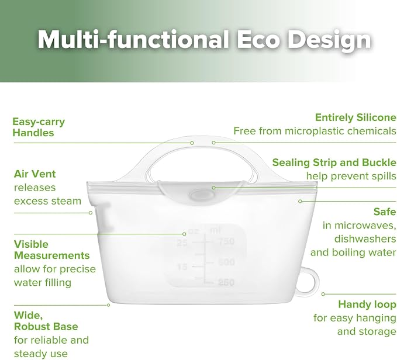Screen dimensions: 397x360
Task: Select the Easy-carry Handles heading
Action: pyautogui.click(x=39, y=127)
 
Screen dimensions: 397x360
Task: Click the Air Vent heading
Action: pyautogui.click(x=34, y=174)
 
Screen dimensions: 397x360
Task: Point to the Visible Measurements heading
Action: pyautogui.click(x=51, y=250)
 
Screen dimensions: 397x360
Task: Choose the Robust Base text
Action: pyautogui.click(x=46, y=326)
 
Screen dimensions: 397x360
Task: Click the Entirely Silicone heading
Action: pyautogui.click(x=355, y=117)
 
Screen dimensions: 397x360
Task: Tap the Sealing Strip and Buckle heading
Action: pyautogui.click(x=334, y=162)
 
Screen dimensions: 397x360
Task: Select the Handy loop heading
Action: pyautogui.click(x=367, y=304)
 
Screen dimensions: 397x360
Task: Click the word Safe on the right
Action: pyautogui.click(x=385, y=212)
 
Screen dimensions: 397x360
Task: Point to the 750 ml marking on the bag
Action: pyautogui.click(x=226, y=241)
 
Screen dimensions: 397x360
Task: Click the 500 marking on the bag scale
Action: pyautogui.click(x=226, y=262)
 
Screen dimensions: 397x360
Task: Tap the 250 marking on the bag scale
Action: pyautogui.click(x=226, y=282)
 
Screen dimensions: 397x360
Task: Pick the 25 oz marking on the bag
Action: pyautogui.click(x=182, y=243)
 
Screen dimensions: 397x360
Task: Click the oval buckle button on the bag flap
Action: pyautogui.click(x=201, y=195)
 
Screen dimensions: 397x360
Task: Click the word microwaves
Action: pyautogui.click(x=359, y=226)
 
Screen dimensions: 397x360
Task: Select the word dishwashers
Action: pyautogui.click(x=365, y=239)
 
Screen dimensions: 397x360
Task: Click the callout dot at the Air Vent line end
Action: pyautogui.click(x=91, y=213)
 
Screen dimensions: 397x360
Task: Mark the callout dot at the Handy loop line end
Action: pyautogui.click(x=323, y=294)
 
